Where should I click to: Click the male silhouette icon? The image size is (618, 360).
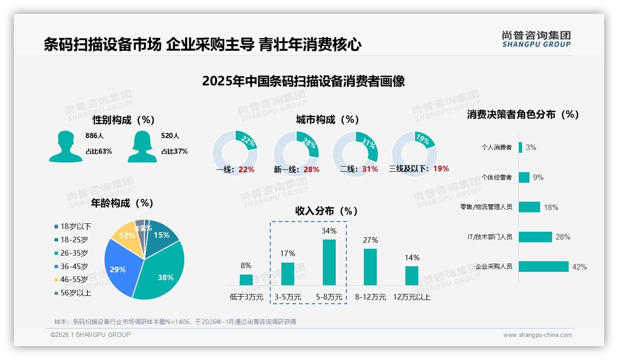66,146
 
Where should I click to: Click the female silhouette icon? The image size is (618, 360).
142,146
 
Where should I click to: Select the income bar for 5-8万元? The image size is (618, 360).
329,262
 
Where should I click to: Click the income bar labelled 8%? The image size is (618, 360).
246,280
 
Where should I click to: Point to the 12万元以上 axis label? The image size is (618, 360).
411,297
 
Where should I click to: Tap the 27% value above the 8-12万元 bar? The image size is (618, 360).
370,240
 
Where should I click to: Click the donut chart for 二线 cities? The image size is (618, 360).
355,153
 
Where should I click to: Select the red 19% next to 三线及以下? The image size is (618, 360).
441,169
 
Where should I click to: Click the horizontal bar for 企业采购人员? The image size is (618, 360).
544,267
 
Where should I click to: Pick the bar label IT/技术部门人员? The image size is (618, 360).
490,237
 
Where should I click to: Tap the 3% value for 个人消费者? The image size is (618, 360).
531,148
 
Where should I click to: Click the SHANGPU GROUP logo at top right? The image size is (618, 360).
536,39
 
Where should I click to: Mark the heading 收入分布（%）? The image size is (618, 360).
327,211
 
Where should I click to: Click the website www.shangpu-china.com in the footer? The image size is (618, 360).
537,335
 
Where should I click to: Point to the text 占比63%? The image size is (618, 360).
99,151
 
